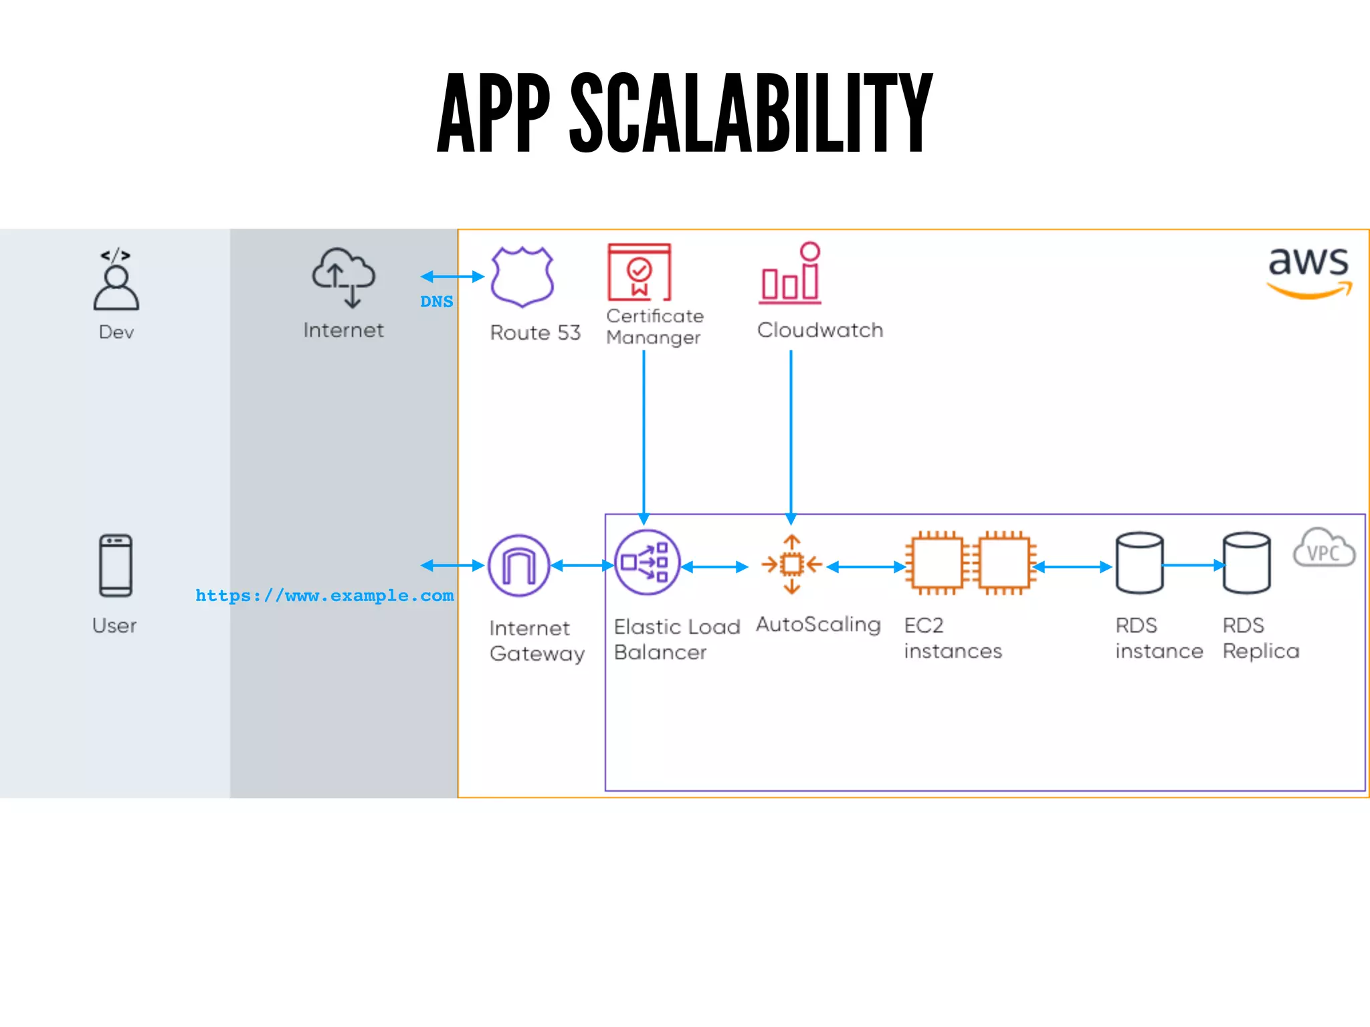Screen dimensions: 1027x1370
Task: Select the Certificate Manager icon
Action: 639,272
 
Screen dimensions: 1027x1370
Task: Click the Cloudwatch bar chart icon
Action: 791,275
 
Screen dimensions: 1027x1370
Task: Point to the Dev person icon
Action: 116,281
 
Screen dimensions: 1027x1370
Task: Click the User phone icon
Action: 116,565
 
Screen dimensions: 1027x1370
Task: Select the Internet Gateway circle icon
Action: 519,566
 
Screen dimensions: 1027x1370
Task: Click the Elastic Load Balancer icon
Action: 646,563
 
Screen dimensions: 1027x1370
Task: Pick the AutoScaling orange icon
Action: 791,565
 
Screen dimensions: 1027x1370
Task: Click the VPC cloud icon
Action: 1324,548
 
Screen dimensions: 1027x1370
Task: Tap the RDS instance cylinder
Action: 1139,563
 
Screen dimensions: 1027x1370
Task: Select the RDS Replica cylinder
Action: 1246,563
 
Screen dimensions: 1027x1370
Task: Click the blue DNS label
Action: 436,302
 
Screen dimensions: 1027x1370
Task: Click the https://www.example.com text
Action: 324,595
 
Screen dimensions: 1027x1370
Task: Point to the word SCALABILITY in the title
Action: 751,114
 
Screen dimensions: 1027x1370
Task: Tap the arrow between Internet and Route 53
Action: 452,276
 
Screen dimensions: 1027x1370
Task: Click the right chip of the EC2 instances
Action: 1003,564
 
